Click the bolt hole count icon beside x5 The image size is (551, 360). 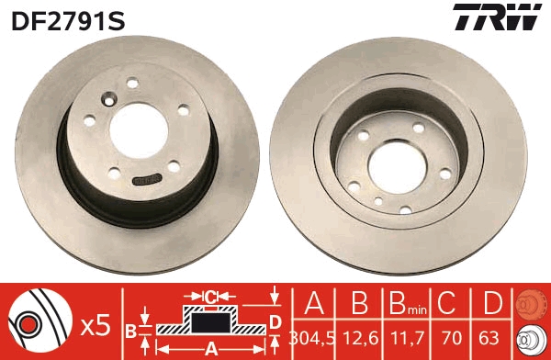(x=38, y=322)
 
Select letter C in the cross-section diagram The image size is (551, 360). (x=210, y=297)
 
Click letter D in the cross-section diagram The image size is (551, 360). (x=275, y=320)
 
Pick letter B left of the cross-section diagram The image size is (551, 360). (x=130, y=330)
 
